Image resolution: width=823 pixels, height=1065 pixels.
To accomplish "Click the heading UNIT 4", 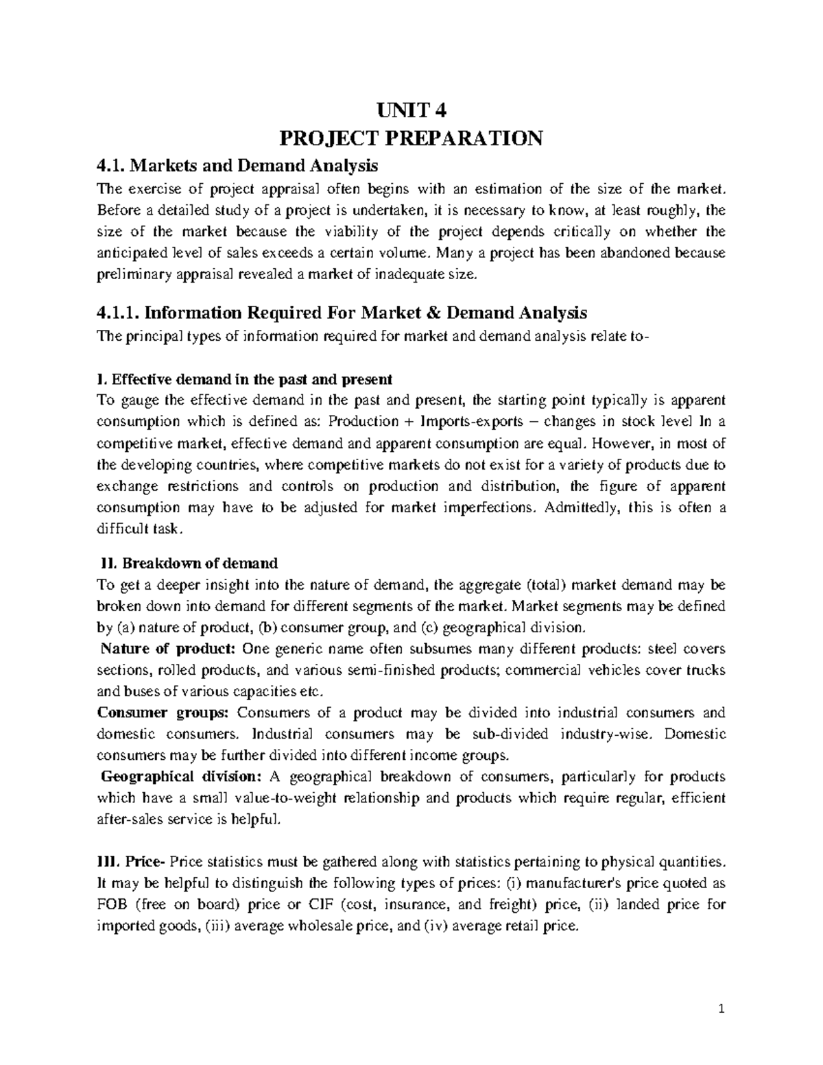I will coord(411,110).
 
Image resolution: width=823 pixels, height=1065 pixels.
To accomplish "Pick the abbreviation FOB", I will coord(113,905).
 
